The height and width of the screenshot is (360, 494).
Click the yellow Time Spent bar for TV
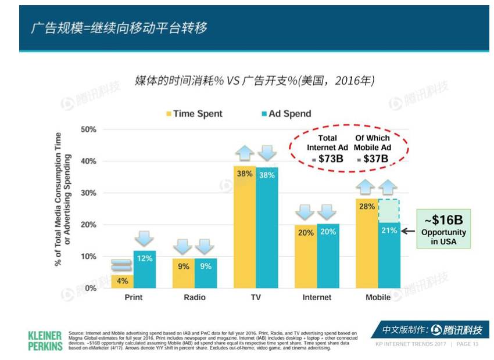click(x=244, y=232)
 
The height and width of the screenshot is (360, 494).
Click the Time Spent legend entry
click(x=195, y=114)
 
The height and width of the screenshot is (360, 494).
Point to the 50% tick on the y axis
click(x=88, y=129)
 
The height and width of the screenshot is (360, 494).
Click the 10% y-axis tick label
click(x=88, y=257)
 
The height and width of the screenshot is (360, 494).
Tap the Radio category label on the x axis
click(x=195, y=297)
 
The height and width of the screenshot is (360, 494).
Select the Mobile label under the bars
click(x=378, y=297)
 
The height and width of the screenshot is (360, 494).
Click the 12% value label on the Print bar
click(x=145, y=258)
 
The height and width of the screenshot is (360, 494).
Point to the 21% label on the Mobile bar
click(x=389, y=231)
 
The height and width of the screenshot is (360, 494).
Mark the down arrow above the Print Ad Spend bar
click(x=145, y=239)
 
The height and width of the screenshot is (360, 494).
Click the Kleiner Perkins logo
click(x=44, y=340)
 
